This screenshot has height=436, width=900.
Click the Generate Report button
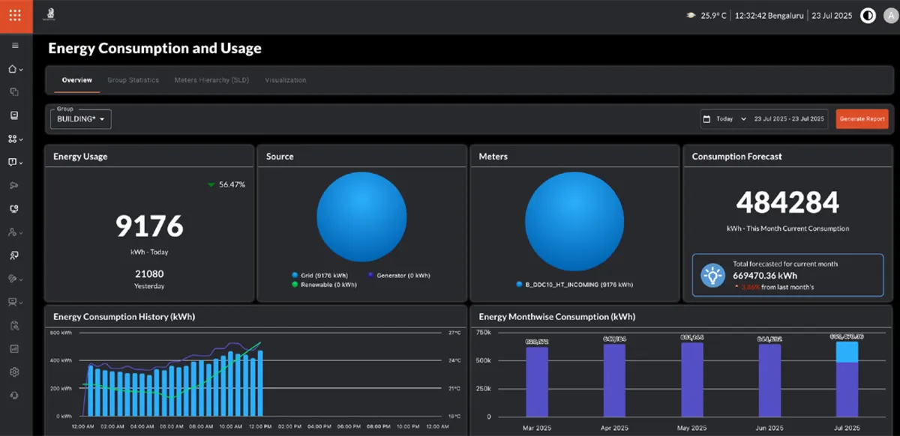[862, 118]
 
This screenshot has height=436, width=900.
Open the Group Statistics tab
[133, 80]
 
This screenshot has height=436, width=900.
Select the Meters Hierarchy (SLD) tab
[211, 80]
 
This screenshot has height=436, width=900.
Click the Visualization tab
[285, 80]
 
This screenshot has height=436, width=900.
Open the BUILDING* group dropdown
[81, 119]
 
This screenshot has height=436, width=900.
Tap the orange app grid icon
[16, 16]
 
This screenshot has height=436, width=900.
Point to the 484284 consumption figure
[787, 202]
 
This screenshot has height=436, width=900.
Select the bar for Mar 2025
[537, 381]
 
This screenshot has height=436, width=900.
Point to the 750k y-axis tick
[484, 332]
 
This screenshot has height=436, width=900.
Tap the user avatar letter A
[890, 16]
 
